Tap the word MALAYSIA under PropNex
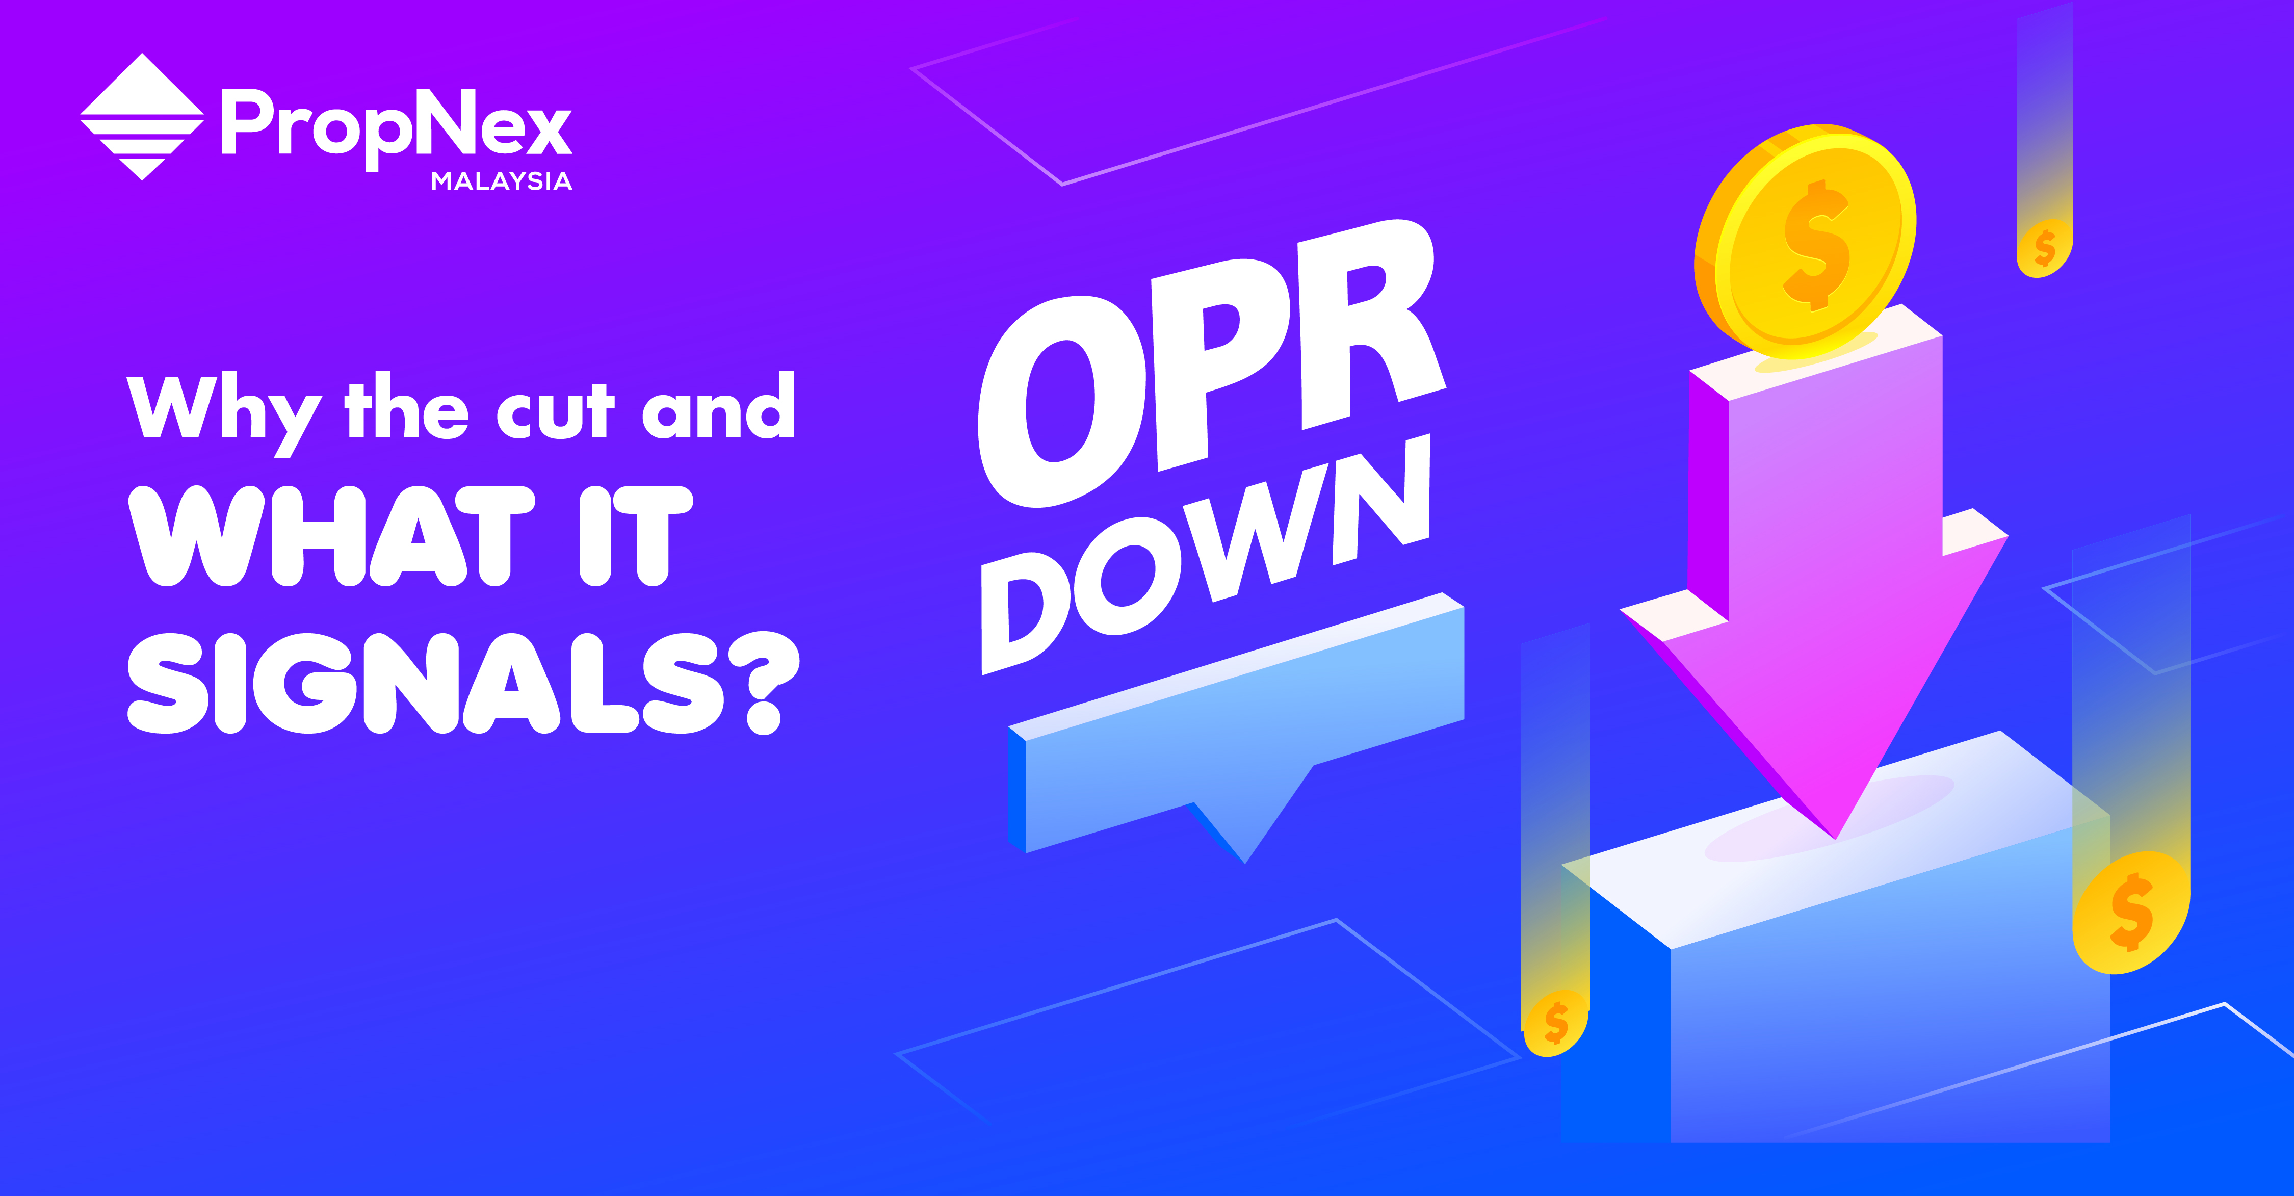tap(502, 181)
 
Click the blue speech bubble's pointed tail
tap(1244, 861)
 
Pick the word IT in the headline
tap(635, 536)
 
